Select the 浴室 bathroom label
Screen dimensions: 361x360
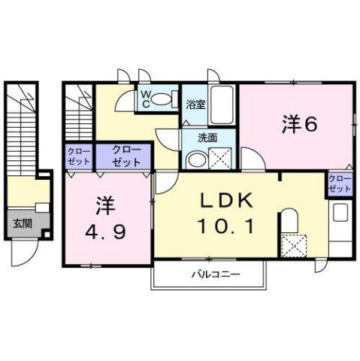coord(195,106)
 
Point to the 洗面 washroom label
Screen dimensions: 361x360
coord(207,138)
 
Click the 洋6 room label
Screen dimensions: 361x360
coord(298,125)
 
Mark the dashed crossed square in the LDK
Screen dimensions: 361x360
coord(291,244)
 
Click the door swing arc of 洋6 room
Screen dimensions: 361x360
coord(250,158)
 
